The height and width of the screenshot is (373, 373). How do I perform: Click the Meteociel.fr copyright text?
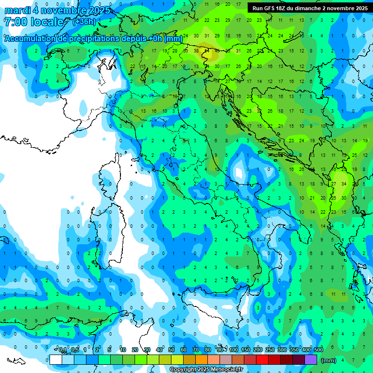(206, 370)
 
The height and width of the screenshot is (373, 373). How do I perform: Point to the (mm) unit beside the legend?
(329, 360)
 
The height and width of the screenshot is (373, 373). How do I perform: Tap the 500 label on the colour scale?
(319, 350)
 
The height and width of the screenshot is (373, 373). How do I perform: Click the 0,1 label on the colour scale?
(63, 350)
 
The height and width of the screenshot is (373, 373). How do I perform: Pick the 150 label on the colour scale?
(246, 350)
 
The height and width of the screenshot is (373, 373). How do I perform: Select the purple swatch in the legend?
(311, 359)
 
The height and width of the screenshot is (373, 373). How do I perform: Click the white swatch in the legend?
(56, 359)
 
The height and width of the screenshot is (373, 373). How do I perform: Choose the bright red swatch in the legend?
(262, 359)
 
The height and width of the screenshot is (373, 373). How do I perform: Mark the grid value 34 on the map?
(344, 184)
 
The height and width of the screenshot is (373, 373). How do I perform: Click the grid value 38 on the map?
(196, 51)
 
